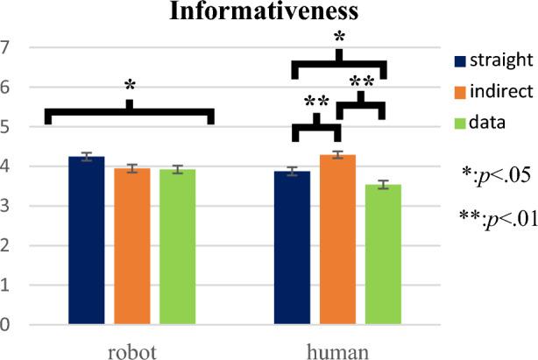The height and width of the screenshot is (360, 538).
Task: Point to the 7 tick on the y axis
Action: pos(7,47)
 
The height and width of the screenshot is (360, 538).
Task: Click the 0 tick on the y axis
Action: pos(7,326)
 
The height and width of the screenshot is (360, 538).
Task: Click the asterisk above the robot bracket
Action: pos(130,86)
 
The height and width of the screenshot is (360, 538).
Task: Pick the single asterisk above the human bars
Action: pos(339,39)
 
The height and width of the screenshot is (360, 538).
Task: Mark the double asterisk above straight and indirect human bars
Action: pos(316,102)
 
